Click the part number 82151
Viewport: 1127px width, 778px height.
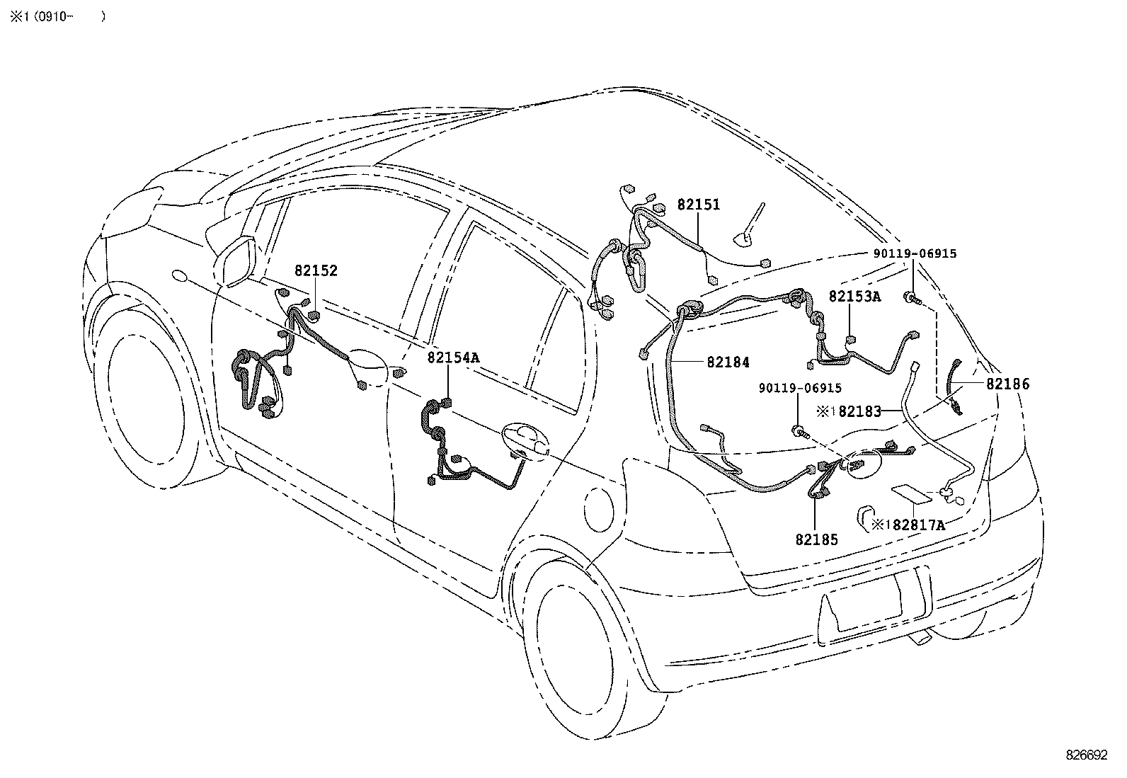tap(698, 205)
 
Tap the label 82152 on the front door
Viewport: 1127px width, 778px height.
tap(316, 270)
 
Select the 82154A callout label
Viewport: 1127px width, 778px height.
tap(453, 357)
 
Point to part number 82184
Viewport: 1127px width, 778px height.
tap(728, 362)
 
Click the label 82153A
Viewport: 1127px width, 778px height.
tap(854, 297)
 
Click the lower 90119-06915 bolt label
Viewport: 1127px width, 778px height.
tap(800, 388)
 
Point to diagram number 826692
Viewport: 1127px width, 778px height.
tap(1086, 755)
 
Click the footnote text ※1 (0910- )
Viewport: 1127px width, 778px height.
tap(57, 16)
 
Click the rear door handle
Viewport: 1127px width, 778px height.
tap(524, 439)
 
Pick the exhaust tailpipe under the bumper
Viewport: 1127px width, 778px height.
tap(920, 639)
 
